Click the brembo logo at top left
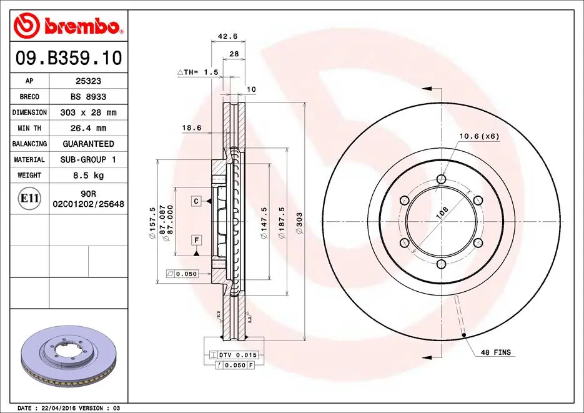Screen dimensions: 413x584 coord(67,25)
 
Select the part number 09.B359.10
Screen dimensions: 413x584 coord(68,59)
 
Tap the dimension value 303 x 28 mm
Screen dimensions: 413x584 coord(89,112)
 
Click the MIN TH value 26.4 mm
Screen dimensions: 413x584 coord(89,128)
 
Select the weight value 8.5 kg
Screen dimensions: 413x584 coord(89,176)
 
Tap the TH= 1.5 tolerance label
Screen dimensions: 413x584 coord(199,72)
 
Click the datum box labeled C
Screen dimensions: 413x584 coord(196,201)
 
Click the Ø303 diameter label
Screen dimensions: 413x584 coord(299,222)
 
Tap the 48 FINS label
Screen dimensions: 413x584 coord(495,352)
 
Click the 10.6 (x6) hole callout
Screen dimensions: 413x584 coord(479,136)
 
